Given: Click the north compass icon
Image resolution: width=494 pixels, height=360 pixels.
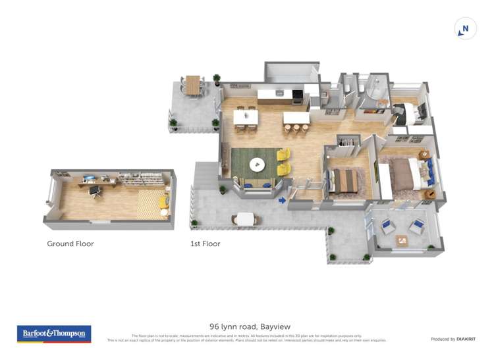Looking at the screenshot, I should [x=465, y=29].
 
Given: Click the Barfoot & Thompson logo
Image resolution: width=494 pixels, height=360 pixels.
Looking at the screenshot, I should [x=54, y=334].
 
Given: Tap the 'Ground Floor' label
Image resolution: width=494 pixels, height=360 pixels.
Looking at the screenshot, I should [x=70, y=244].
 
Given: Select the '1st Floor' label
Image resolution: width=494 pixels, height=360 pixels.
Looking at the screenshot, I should [x=205, y=244].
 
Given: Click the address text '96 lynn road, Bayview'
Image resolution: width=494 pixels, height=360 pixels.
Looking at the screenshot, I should [x=250, y=326].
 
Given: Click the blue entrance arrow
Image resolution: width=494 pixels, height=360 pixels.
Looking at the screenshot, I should [x=282, y=200].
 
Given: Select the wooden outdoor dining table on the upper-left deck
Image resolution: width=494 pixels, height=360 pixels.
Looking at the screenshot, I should [x=192, y=84].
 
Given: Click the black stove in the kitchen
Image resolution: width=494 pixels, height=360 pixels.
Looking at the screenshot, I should [x=297, y=97].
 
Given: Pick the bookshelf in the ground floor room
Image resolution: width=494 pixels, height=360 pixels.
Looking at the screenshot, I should [x=140, y=178].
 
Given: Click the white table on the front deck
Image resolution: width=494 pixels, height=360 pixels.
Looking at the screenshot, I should [x=245, y=219].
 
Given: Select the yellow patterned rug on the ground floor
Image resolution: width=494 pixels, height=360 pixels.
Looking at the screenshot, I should [x=151, y=203].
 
